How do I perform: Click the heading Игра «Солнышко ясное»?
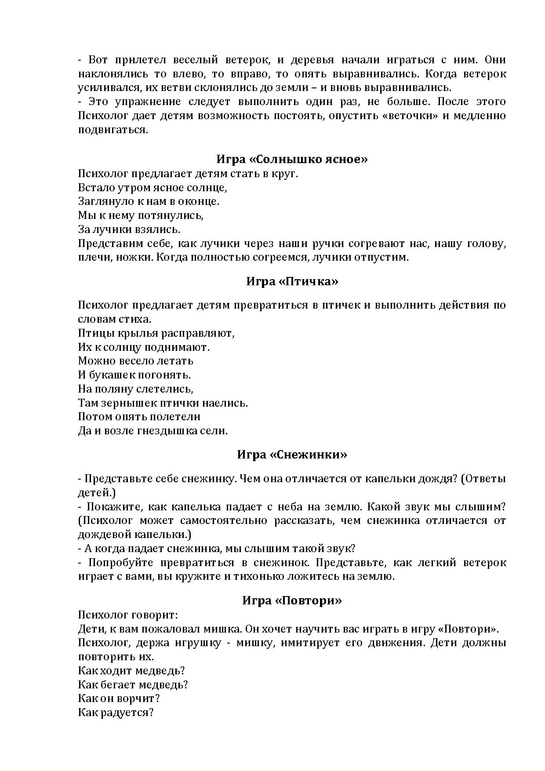pos(292,159)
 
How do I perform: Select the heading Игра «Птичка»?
pos(292,281)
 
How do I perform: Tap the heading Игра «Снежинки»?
pos(292,455)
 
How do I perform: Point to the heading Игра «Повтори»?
pos(292,600)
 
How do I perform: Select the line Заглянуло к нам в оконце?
pos(149,201)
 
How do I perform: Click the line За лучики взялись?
pos(129,229)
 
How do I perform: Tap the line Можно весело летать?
pos(135,361)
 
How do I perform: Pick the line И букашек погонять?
pos(134,375)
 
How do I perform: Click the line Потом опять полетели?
pos(139,417)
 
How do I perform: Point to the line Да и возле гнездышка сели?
pos(153,431)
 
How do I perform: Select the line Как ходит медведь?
pos(131,671)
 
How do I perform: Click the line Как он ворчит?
pos(119,698)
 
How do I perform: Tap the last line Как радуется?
pos(116,713)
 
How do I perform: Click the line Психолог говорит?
pos(128,615)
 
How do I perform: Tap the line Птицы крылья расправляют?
pos(156,333)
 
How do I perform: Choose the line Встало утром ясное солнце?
pos(153,188)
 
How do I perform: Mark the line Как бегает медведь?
pos(133,685)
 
